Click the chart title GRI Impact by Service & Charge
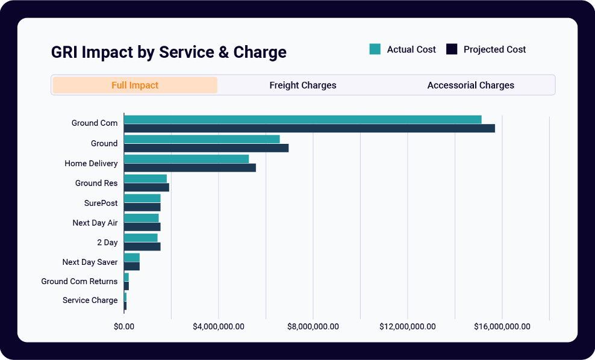(169, 52)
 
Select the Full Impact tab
(135, 85)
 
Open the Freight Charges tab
(302, 85)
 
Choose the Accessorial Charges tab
(470, 85)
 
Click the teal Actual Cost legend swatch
(375, 49)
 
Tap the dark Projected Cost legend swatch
(452, 49)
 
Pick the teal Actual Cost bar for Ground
(202, 139)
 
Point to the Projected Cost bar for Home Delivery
(190, 168)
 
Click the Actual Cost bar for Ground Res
(145, 179)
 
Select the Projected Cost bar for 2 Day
(142, 247)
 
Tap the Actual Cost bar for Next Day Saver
(131, 258)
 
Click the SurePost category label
(101, 203)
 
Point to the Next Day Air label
(95, 223)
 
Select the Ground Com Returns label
(79, 281)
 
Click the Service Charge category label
(90, 300)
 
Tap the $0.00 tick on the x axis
(124, 326)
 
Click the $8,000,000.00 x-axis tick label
(313, 326)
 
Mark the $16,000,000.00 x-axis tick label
(502, 326)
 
